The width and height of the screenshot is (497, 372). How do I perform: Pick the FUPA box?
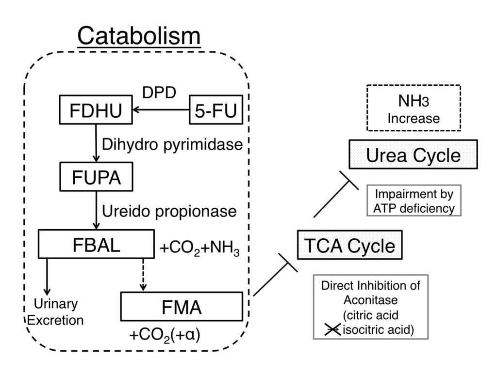pos(97,177)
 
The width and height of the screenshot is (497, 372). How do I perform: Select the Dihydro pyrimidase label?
pos(172,144)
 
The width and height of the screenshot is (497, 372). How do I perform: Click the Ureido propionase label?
pos(169,211)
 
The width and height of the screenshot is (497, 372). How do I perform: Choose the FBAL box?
pos(97,244)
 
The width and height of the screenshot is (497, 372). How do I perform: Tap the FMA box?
pos(181,306)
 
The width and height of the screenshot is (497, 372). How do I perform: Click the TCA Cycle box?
pos(349,246)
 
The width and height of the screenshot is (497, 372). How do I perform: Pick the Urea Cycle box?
pos(413,155)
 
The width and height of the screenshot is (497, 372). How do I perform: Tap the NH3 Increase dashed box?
pos(413,108)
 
